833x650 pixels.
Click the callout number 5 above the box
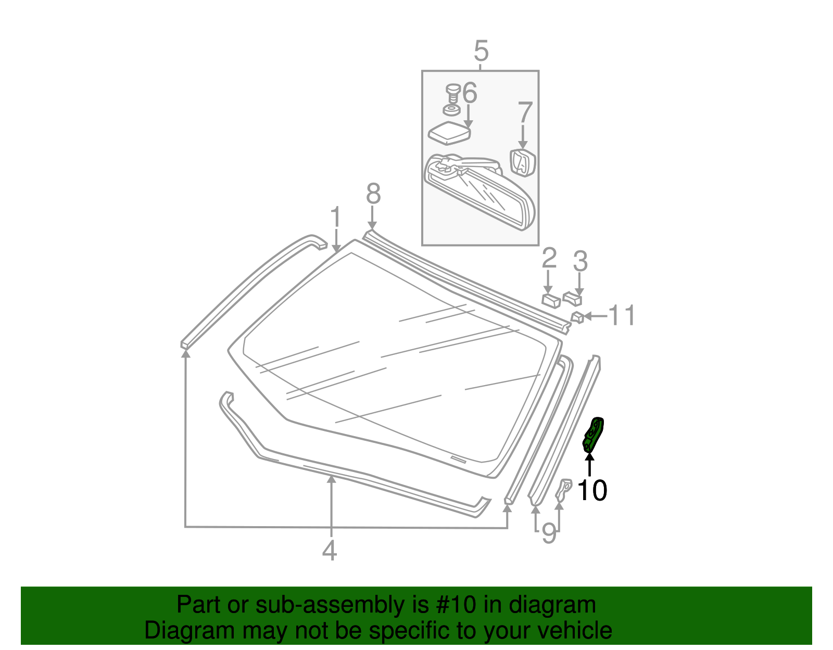[481, 52]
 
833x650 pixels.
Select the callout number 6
[469, 93]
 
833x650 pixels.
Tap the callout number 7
[525, 112]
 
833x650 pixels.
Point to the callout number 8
[373, 194]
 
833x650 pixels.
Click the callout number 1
[336, 217]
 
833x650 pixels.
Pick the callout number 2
[549, 259]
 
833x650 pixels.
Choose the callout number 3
[580, 261]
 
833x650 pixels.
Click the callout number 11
[622, 316]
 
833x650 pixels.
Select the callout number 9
[549, 533]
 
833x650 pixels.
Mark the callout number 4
[329, 551]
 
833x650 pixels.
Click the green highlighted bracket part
[593, 435]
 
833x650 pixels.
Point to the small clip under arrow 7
[523, 162]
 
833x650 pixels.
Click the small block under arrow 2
[551, 300]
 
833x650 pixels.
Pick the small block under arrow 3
[573, 298]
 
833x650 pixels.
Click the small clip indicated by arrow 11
[577, 316]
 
